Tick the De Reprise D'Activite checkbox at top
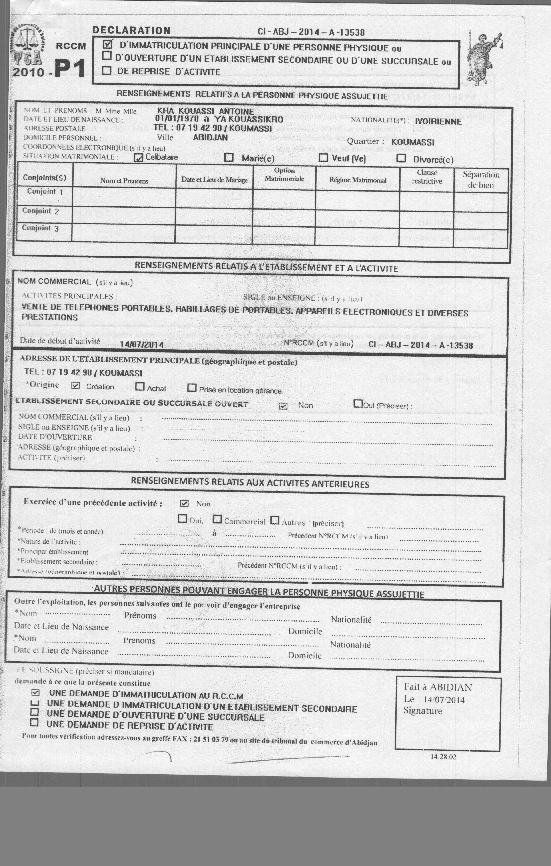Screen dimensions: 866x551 [106, 70]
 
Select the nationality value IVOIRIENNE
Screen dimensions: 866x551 [438, 122]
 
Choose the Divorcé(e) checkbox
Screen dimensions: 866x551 [401, 158]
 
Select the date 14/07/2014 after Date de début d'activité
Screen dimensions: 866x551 [142, 344]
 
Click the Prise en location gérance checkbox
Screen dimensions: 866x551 [192, 388]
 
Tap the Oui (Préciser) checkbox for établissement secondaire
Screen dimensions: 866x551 [358, 404]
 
